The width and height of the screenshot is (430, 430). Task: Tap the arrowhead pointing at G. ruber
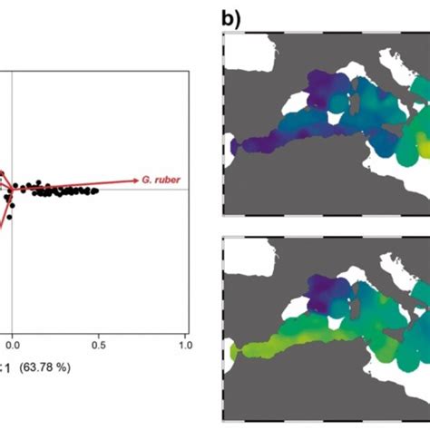coord(135,181)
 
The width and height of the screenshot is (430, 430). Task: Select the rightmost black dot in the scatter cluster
coord(96,191)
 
